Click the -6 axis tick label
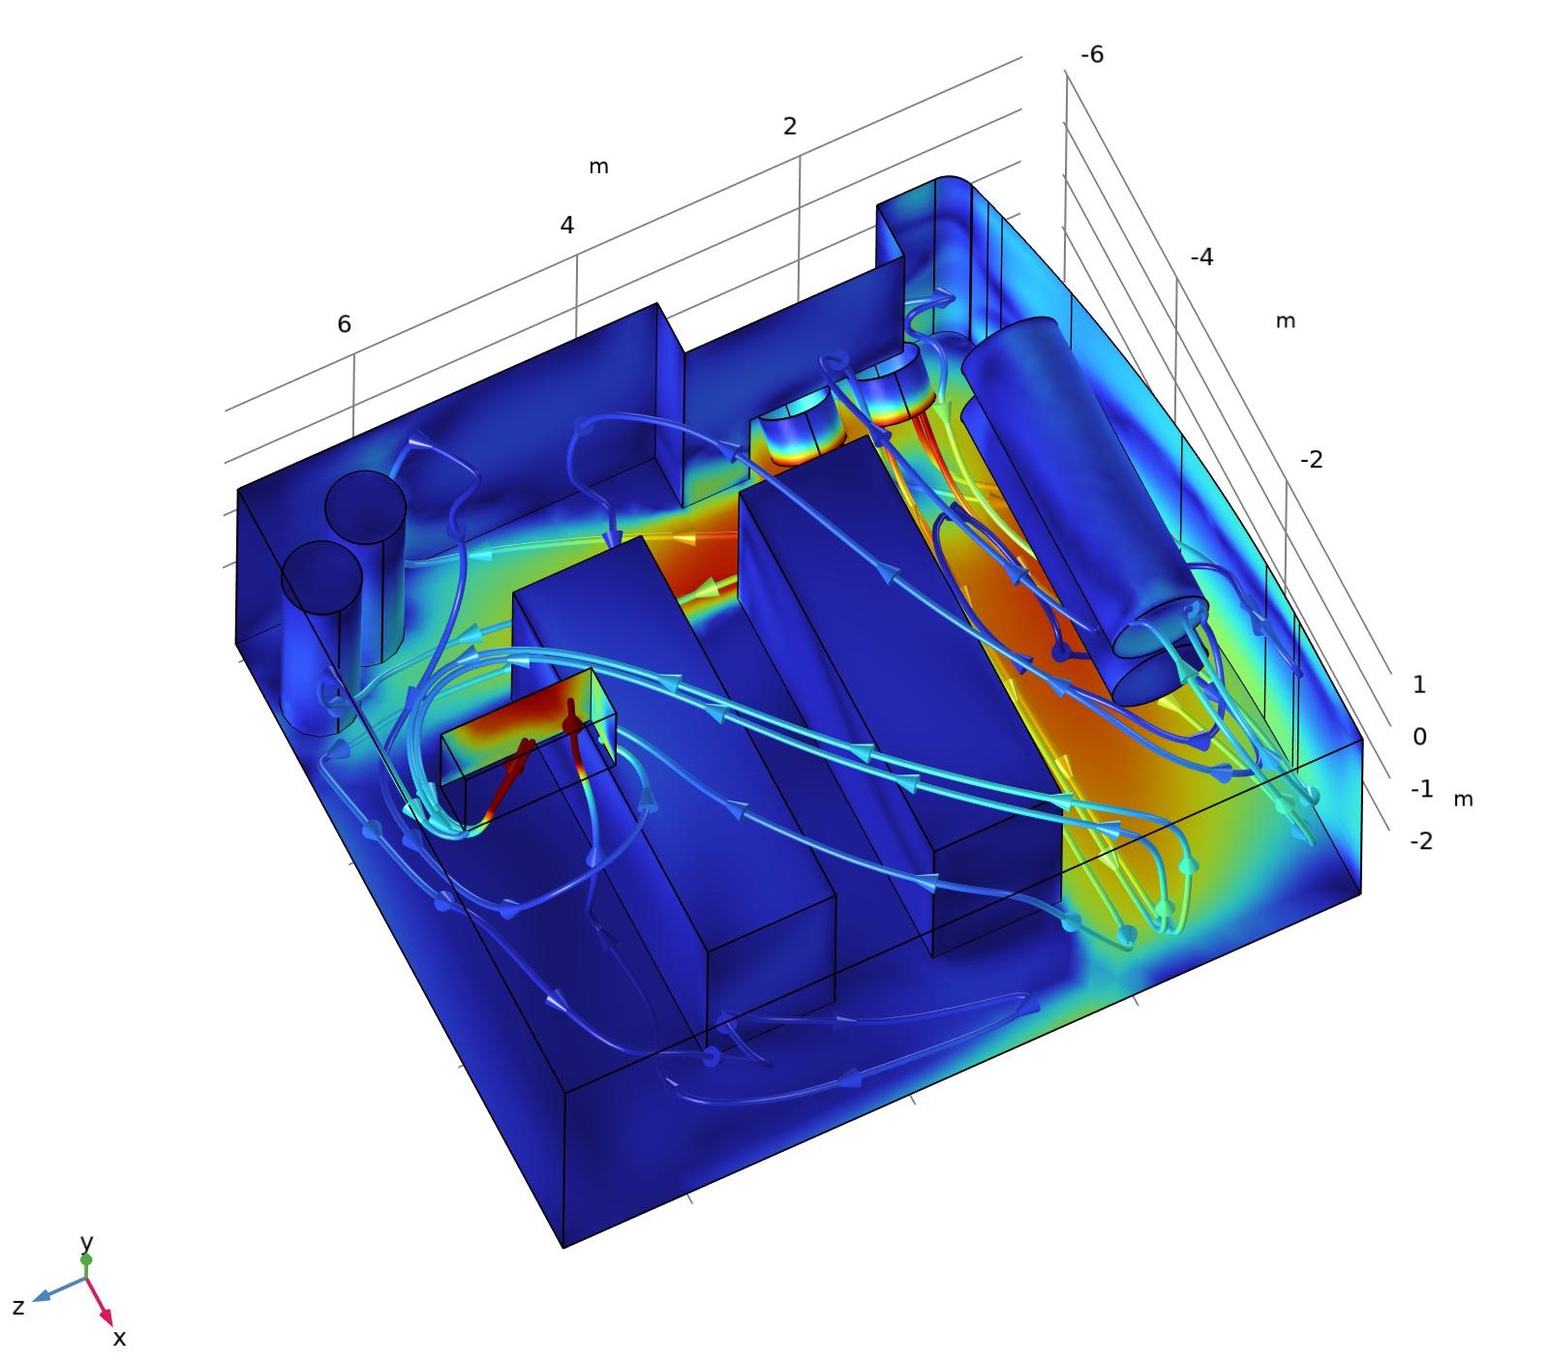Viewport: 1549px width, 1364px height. click(1092, 55)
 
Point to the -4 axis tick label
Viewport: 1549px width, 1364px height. click(1201, 258)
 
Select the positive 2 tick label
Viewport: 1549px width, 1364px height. click(790, 126)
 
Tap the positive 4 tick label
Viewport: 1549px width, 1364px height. click(566, 226)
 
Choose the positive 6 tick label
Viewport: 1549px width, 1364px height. click(344, 324)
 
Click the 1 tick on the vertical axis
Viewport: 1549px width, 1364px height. click(1419, 685)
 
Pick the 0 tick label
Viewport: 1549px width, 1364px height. click(1419, 737)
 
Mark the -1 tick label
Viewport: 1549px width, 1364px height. click(1421, 789)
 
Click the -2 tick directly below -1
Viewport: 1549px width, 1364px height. click(1421, 841)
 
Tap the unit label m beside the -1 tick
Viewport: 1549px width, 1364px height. click(1463, 800)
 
